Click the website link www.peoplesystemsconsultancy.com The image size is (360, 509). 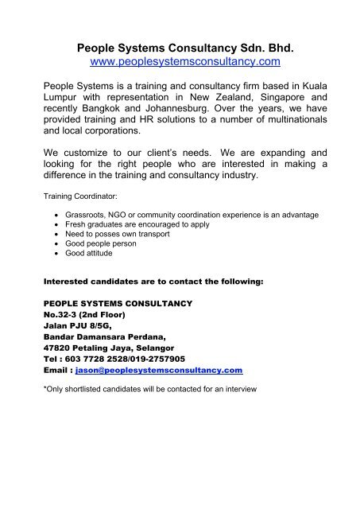tap(180, 60)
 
